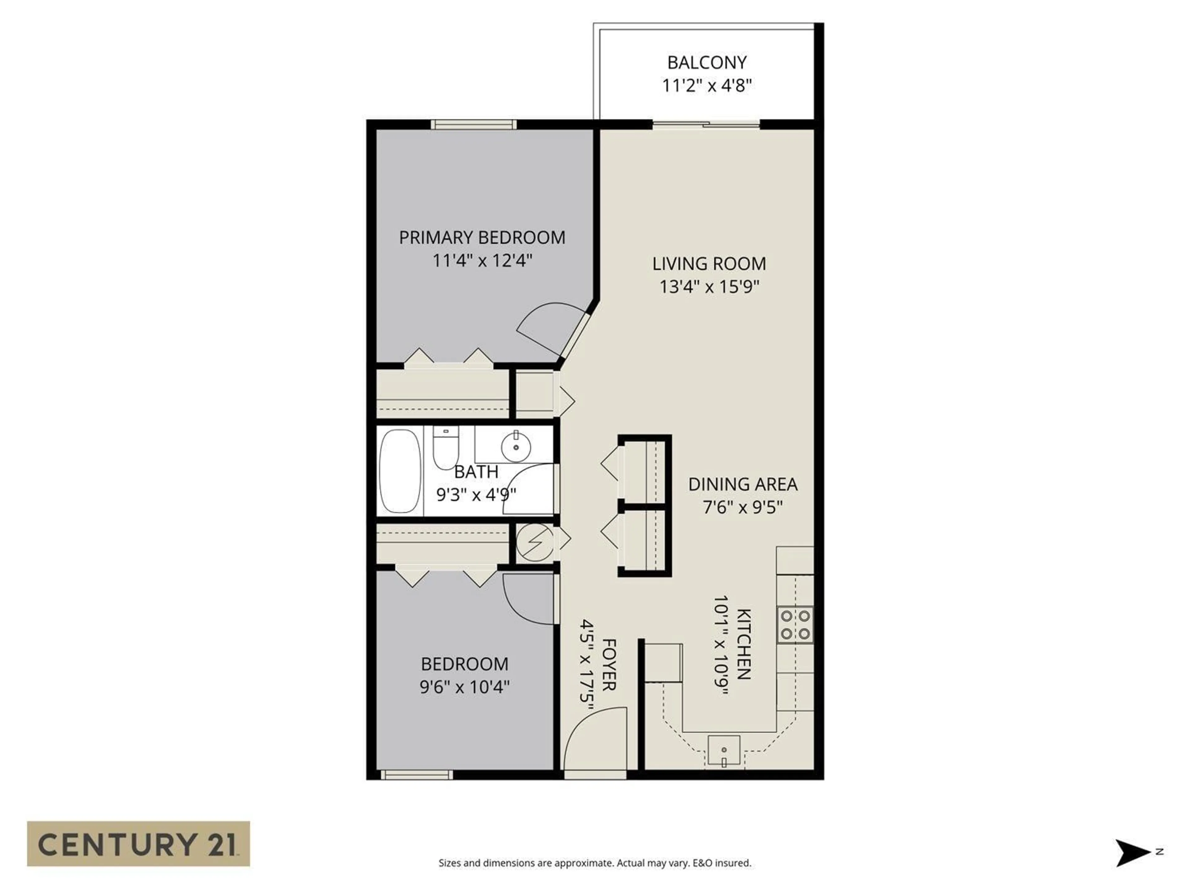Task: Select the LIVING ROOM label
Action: tap(708, 264)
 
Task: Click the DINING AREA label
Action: tap(743, 484)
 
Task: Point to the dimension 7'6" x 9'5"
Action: tap(743, 507)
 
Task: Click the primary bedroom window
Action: tap(474, 124)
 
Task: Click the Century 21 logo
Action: tap(138, 843)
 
